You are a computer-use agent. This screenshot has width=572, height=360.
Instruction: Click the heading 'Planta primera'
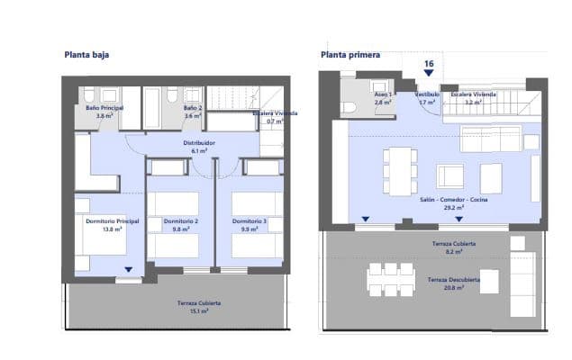350,55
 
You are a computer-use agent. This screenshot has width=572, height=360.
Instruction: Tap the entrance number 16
429,63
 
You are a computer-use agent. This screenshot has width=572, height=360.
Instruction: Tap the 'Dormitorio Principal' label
113,221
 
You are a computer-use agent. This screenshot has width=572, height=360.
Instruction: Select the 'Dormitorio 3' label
250,221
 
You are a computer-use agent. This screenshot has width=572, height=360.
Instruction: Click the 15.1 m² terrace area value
198,312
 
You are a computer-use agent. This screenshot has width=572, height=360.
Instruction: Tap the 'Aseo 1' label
382,94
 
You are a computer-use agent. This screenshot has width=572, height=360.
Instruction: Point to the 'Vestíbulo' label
426,94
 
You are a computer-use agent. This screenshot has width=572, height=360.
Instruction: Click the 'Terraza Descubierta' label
453,280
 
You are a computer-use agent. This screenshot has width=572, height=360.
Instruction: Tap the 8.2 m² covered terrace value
453,253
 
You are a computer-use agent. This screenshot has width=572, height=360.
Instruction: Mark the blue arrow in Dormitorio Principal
129,269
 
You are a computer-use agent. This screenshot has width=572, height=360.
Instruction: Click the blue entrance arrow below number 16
429,75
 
